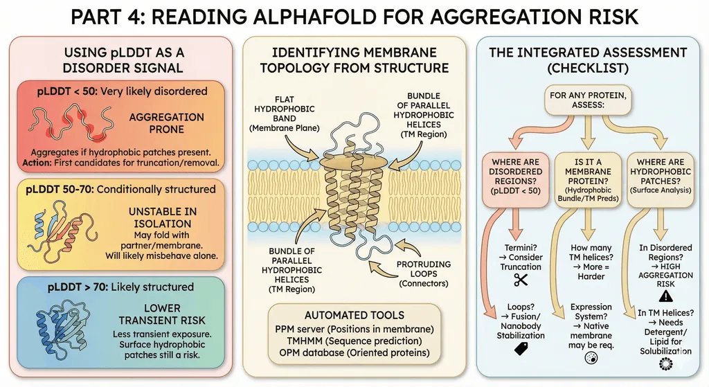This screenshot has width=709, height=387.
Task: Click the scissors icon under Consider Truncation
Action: point(521,280)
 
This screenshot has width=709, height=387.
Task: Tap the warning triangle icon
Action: point(665,296)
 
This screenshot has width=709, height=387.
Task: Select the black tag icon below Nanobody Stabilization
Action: point(521,348)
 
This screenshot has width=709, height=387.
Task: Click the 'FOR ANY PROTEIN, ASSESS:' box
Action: point(588,100)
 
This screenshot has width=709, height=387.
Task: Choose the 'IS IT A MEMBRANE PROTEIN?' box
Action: point(588,180)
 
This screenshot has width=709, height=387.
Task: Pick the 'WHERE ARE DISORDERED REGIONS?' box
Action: point(515,180)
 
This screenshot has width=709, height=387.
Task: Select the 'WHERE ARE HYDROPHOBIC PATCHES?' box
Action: point(660,180)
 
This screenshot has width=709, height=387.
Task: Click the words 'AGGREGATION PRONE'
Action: point(166,123)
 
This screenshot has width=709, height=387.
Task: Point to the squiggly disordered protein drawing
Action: point(71,121)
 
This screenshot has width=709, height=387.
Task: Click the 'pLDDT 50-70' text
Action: point(60,189)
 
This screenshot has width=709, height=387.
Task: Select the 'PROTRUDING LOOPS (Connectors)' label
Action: point(424,273)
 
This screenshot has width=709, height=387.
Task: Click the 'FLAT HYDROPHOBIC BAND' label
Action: point(285,114)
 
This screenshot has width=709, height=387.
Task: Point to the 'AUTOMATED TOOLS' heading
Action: point(354,315)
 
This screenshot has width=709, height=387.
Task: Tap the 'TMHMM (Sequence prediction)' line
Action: point(354,341)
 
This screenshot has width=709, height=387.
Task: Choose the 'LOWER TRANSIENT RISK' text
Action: point(162,314)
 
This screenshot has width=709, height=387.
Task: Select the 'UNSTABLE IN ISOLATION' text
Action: point(162,217)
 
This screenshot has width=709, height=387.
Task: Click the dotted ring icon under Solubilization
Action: point(665,363)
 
